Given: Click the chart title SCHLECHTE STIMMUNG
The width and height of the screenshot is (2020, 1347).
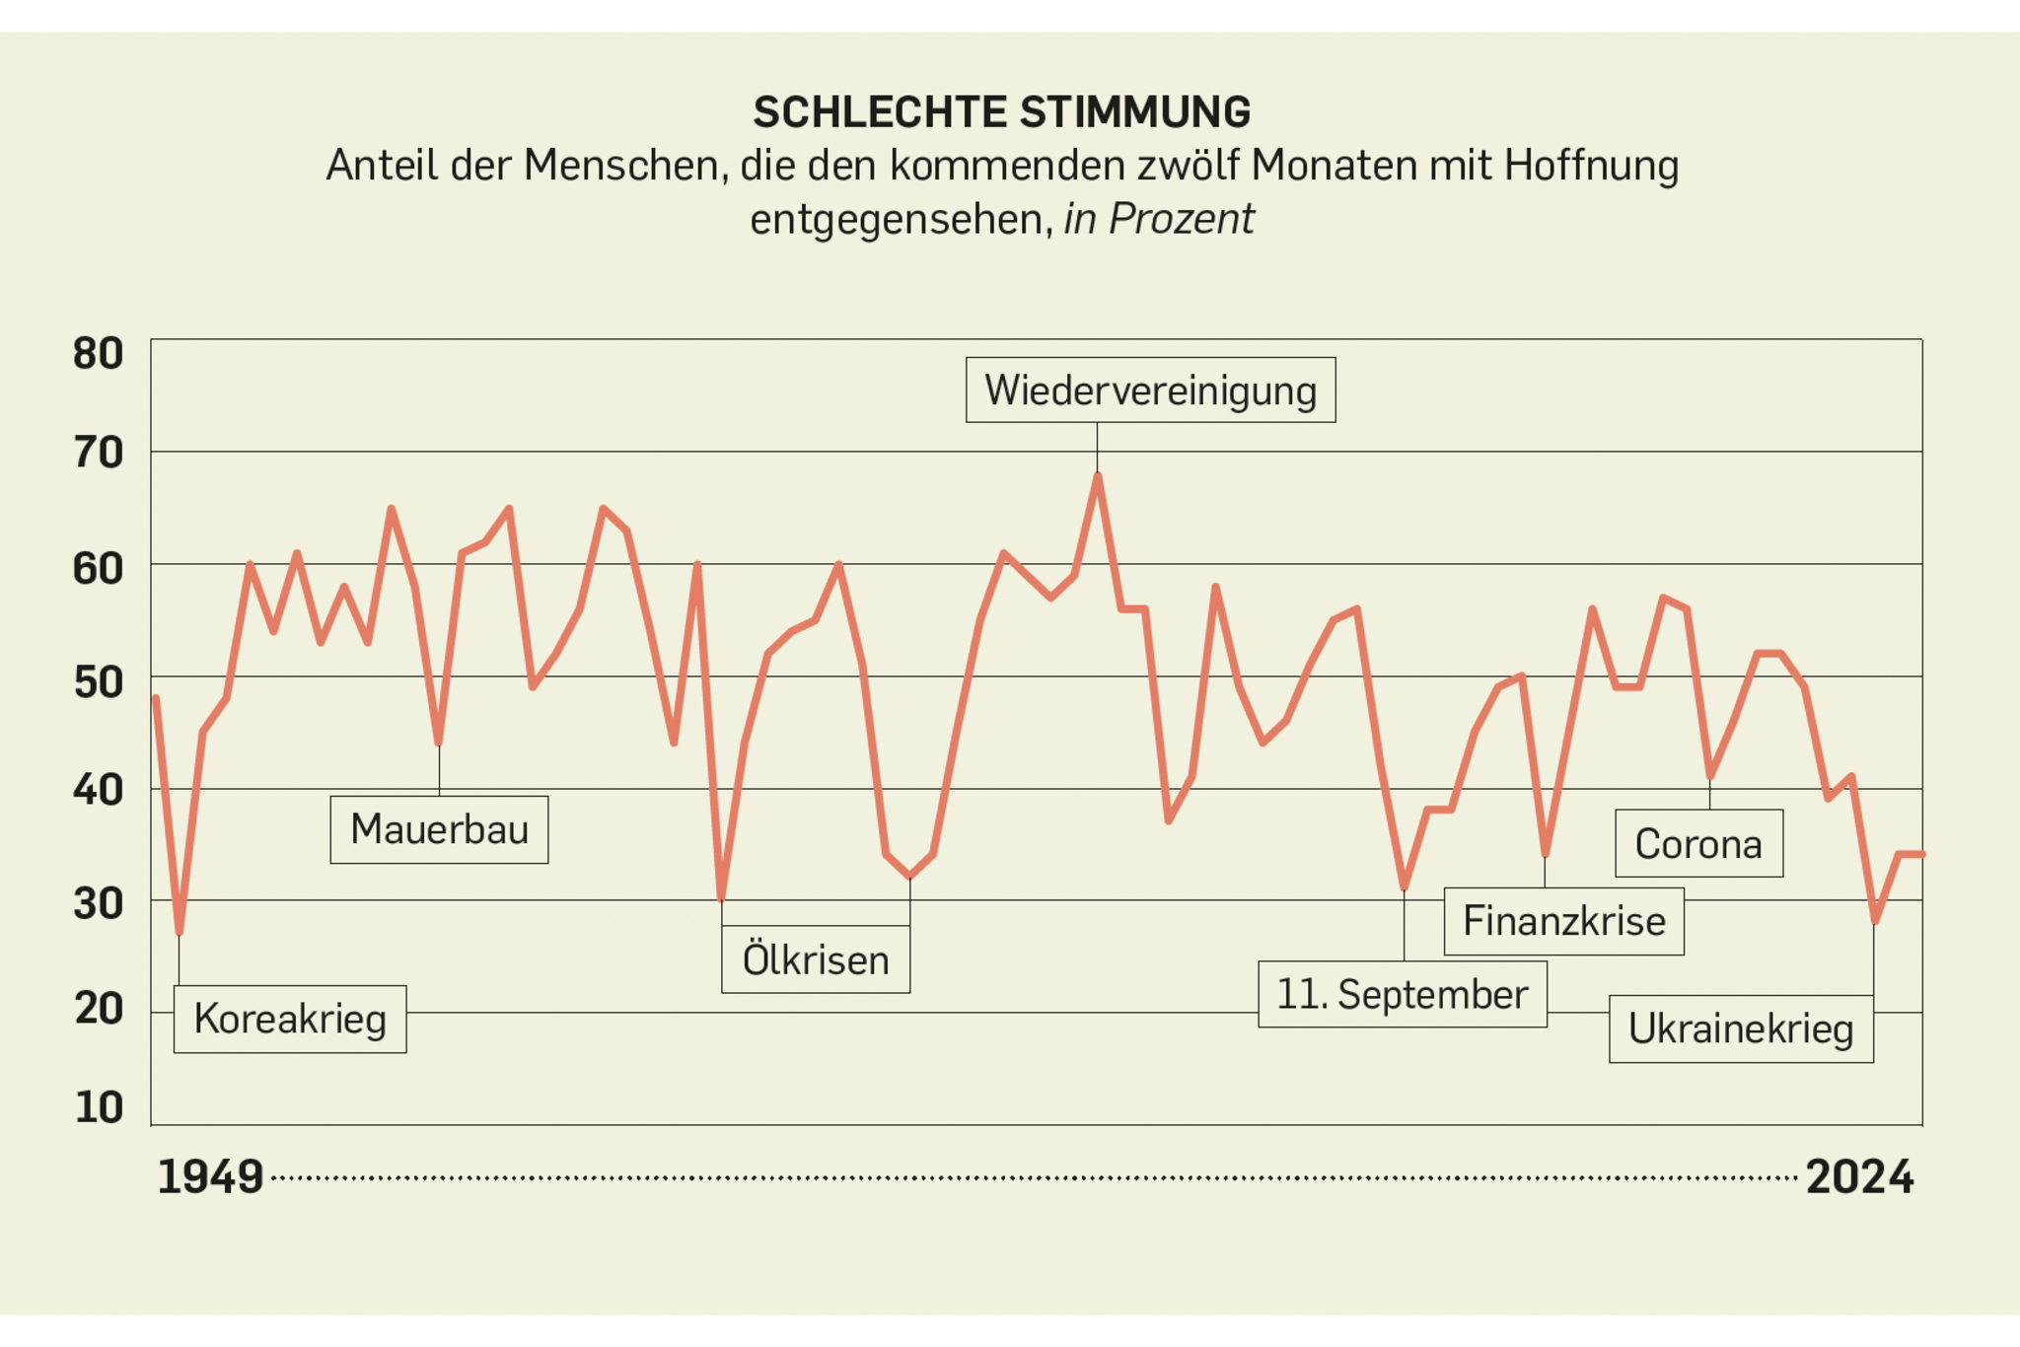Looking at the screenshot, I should click(x=1001, y=112).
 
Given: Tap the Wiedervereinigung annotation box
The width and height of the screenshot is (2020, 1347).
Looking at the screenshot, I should click(x=1150, y=390).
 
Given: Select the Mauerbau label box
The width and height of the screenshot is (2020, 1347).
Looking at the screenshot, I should click(x=439, y=829).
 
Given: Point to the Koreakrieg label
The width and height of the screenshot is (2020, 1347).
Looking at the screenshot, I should click(x=290, y=1019).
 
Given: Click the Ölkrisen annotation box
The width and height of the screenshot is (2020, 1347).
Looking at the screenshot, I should click(x=816, y=959).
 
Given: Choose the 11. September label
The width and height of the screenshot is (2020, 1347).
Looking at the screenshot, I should click(x=1402, y=994).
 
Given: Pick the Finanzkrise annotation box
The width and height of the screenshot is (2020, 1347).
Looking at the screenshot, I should click(x=1563, y=921).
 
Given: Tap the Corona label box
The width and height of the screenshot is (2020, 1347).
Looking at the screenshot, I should click(x=1698, y=844).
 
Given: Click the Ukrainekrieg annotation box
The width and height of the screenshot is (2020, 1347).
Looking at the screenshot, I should click(x=1741, y=1028).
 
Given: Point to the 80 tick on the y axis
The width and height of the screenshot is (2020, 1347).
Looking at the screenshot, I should click(x=98, y=354).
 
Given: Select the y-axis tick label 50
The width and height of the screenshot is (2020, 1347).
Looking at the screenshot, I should click(x=98, y=682).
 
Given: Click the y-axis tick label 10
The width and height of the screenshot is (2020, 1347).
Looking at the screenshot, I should click(x=98, y=1107).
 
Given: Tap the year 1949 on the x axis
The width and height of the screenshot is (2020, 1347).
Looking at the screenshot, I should click(x=210, y=1177).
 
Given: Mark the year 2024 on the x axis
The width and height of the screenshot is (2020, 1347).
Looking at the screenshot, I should click(x=1859, y=1177).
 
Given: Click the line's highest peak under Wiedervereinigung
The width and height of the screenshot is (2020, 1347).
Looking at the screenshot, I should click(x=1098, y=476).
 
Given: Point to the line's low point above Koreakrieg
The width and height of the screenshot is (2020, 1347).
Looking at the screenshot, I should click(x=179, y=932).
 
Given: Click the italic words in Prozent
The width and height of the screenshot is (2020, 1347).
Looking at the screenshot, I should click(x=1159, y=219).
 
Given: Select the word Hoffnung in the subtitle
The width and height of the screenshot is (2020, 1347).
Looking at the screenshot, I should click(x=1591, y=166).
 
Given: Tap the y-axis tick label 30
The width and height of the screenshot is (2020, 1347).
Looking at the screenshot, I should click(x=98, y=903).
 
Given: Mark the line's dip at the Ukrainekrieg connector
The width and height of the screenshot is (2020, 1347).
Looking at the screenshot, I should click(x=1874, y=921).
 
